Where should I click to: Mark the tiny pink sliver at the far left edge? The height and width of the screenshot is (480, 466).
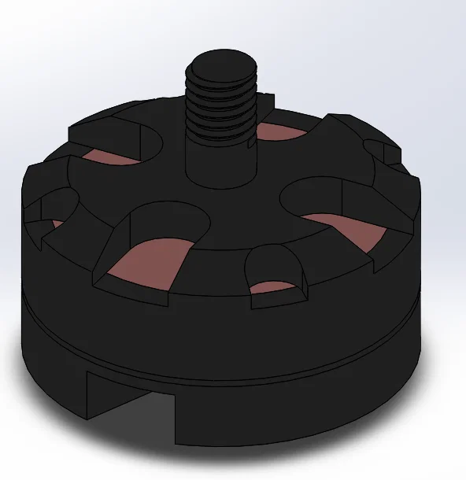[x=55, y=224]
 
